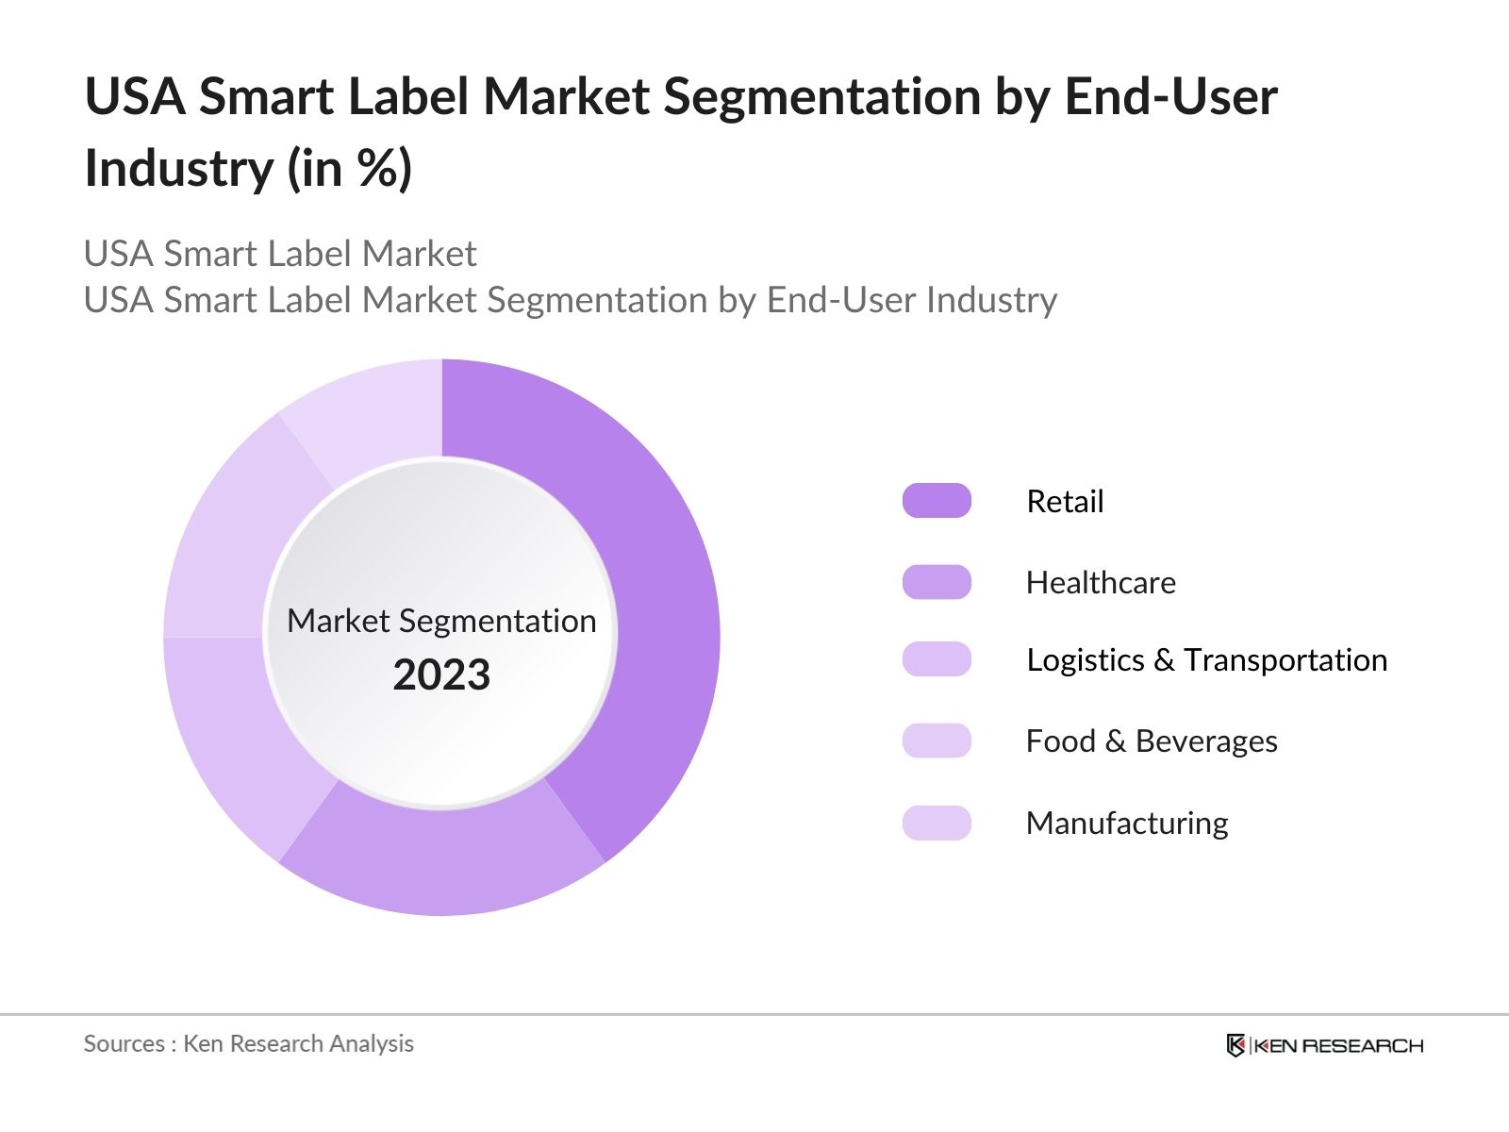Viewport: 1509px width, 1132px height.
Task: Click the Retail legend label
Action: (x=1065, y=501)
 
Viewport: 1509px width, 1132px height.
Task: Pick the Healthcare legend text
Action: (x=1101, y=583)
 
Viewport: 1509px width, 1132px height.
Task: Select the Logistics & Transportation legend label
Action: (x=1206, y=660)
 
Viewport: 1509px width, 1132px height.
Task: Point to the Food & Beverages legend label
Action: (x=1152, y=741)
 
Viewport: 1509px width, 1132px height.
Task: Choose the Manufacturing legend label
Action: (x=1127, y=824)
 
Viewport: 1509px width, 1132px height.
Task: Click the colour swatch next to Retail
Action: (x=937, y=501)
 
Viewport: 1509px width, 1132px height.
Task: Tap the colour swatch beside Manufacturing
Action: (x=937, y=824)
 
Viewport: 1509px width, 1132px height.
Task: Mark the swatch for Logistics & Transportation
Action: (x=937, y=659)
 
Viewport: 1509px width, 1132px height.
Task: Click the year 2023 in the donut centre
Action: (x=441, y=675)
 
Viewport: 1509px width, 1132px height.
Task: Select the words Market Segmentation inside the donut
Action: (x=441, y=622)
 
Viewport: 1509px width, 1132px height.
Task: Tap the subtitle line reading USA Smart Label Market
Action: (x=280, y=254)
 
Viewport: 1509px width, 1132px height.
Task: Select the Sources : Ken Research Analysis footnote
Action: (x=249, y=1043)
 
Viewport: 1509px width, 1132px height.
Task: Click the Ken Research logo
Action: (x=1324, y=1045)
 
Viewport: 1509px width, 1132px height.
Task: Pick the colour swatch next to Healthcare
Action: (x=937, y=582)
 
